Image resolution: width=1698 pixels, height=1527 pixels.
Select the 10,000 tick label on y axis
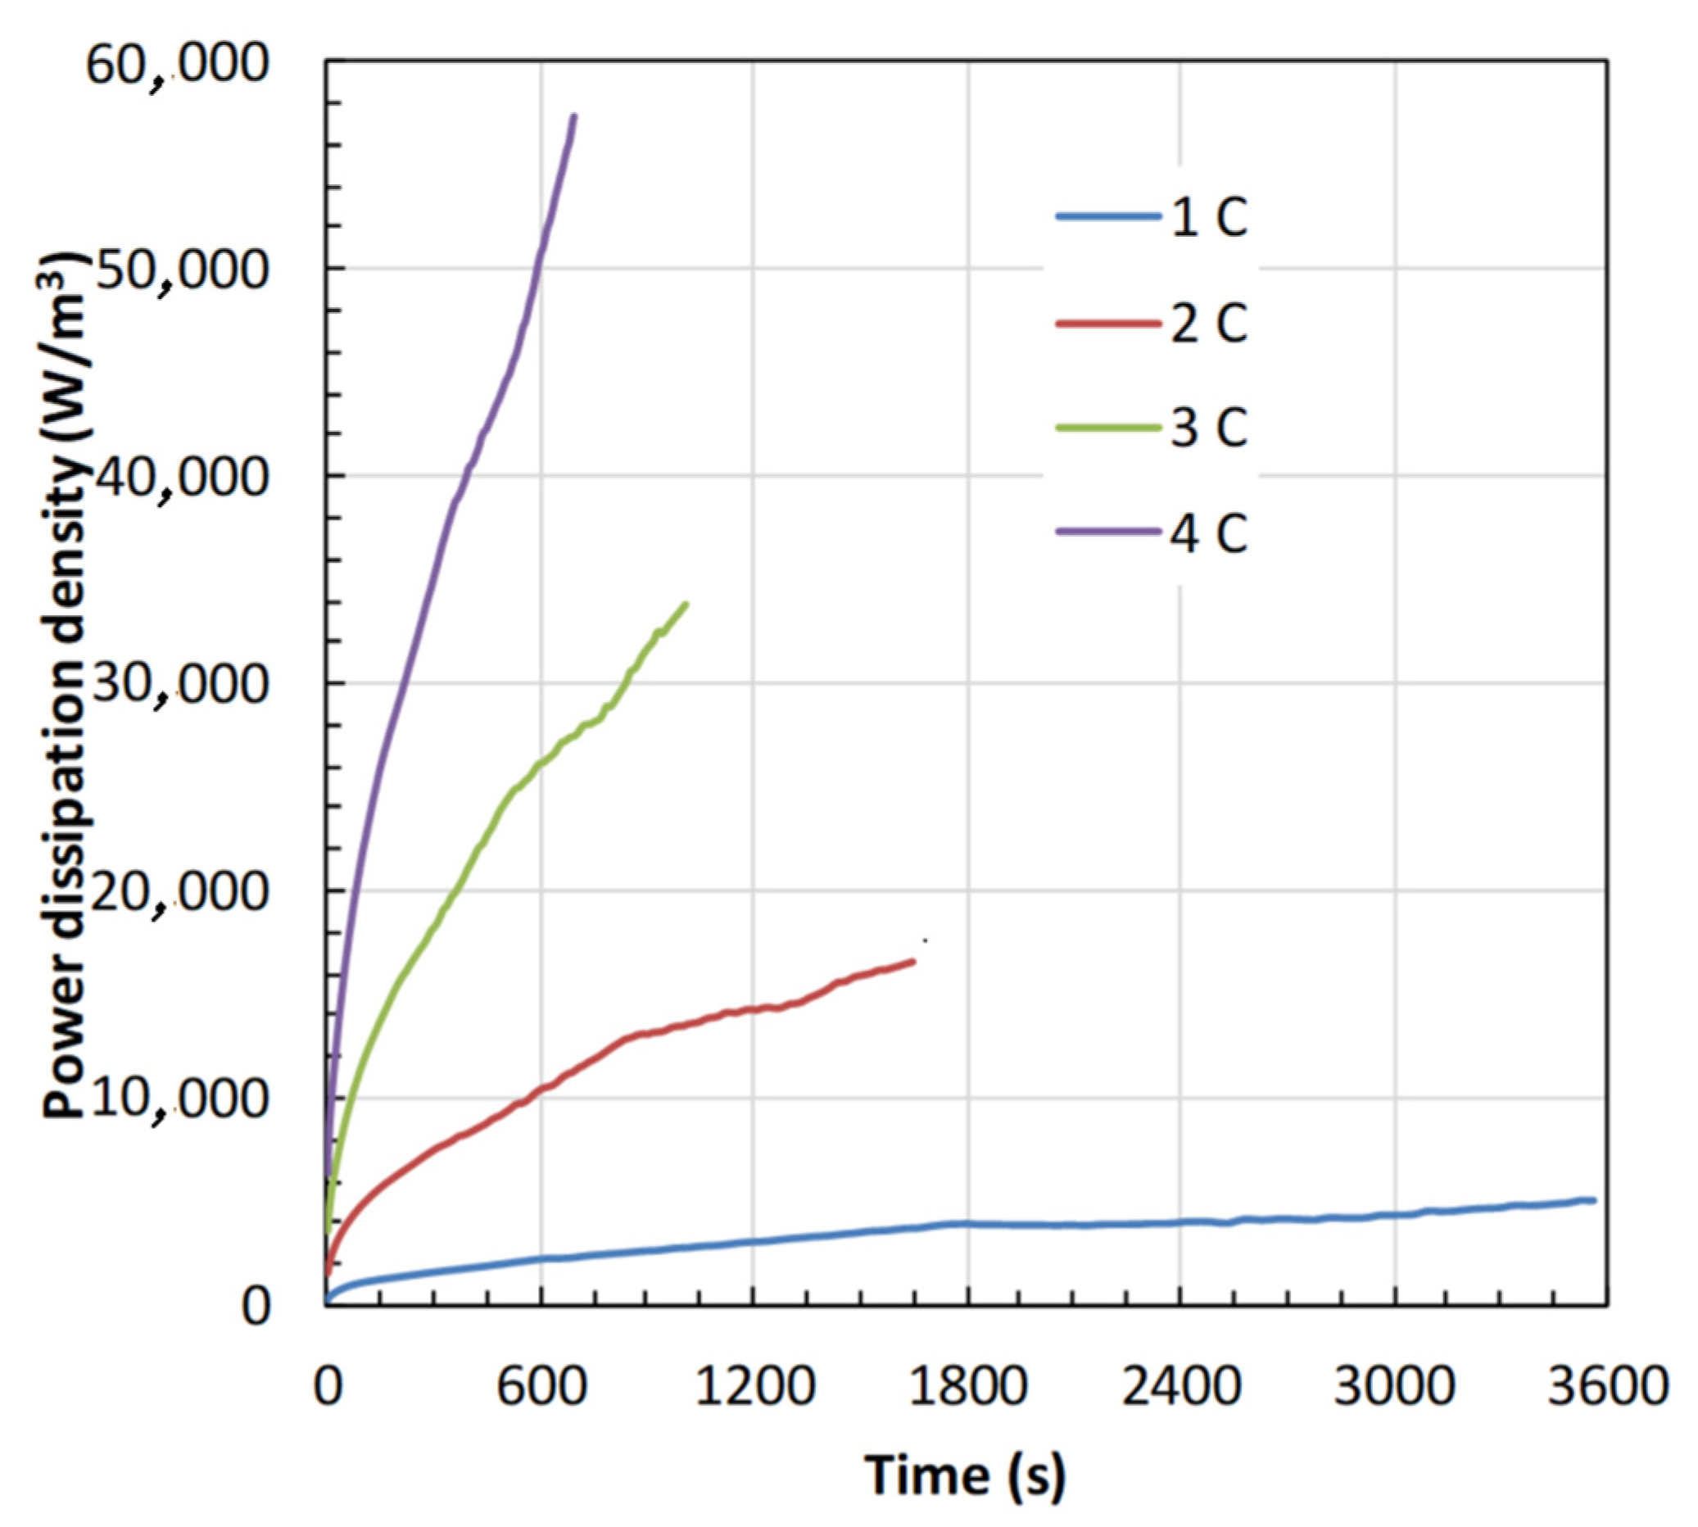177,1099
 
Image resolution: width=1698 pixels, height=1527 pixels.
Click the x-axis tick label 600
541,1387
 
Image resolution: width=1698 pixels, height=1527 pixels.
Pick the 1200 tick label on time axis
754,1387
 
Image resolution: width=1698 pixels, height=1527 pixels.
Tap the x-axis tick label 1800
967,1387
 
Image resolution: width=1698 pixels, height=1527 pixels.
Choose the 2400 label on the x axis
1180,1387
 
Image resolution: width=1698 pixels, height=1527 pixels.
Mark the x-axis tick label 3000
1393,1387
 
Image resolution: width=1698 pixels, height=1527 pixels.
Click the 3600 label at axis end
1606,1387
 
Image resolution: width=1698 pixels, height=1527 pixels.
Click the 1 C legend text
1209,217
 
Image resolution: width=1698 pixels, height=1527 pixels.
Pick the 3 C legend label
1209,427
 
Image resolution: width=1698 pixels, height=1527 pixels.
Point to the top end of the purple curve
574,116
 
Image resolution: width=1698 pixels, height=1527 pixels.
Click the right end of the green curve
686,604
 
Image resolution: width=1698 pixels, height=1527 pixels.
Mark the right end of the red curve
912,962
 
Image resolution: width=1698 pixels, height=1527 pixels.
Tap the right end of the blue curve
1592,1201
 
